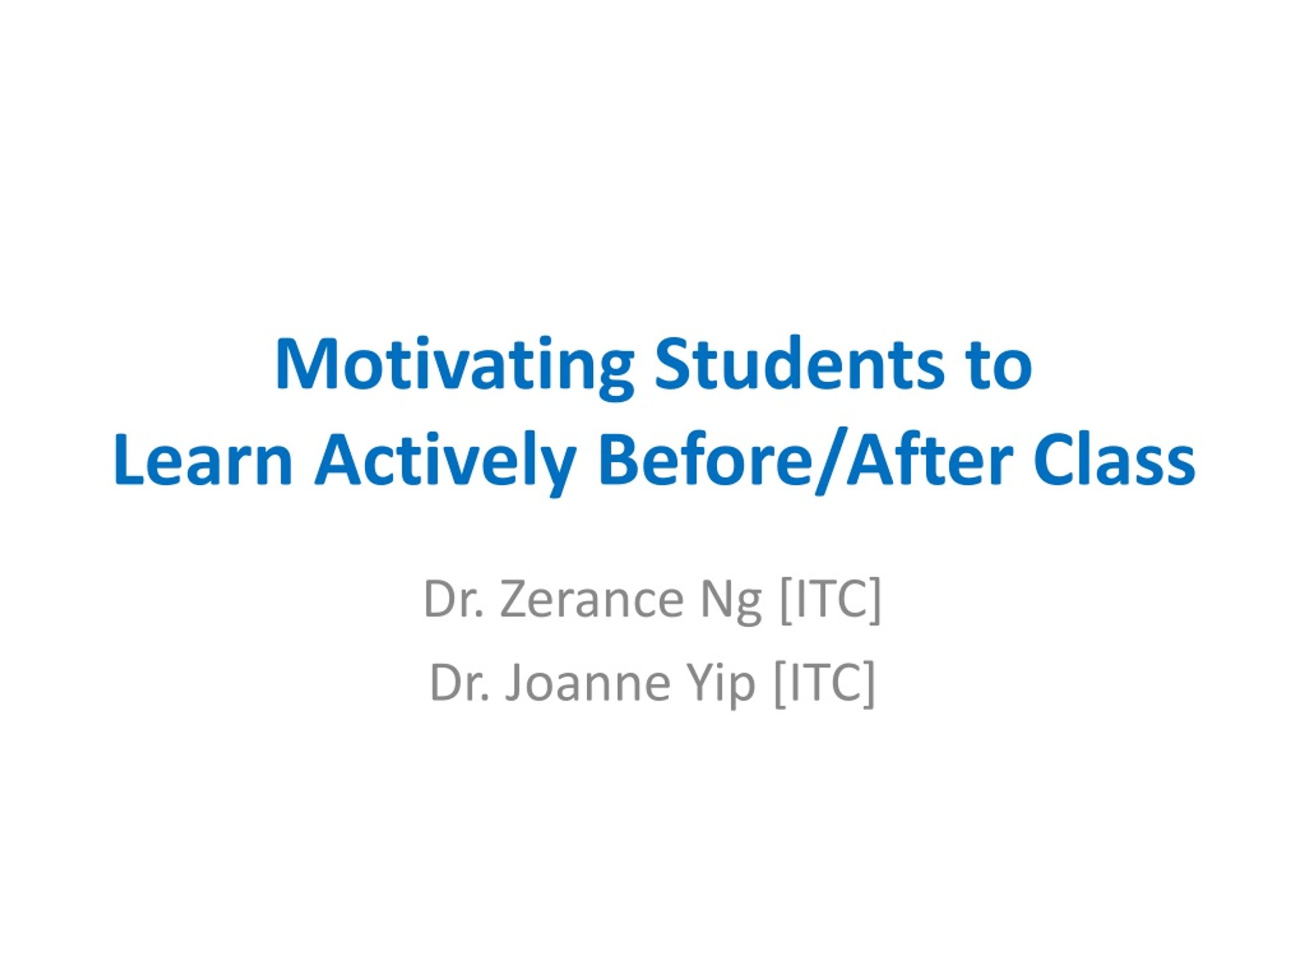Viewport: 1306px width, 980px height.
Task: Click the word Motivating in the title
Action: (x=454, y=367)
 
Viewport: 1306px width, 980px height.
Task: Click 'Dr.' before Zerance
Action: (x=454, y=599)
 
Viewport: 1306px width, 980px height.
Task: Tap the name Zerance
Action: (x=591, y=600)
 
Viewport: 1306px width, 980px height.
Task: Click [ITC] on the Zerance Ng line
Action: (x=830, y=601)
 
